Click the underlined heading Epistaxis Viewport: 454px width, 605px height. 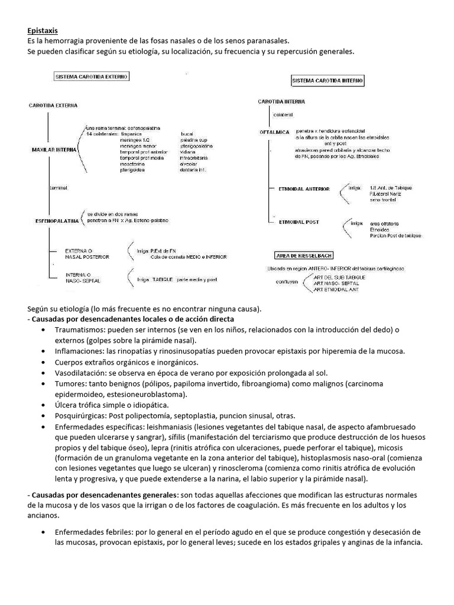pos(43,30)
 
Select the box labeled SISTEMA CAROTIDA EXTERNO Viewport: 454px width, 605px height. pos(92,77)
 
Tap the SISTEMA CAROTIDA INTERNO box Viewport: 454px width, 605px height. pos(327,80)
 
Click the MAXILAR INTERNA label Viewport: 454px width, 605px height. pos(54,150)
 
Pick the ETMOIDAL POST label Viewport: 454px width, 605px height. pos(299,222)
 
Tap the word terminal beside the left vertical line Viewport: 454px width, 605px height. pos(60,187)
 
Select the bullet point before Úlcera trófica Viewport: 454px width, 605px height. pos(45,405)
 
